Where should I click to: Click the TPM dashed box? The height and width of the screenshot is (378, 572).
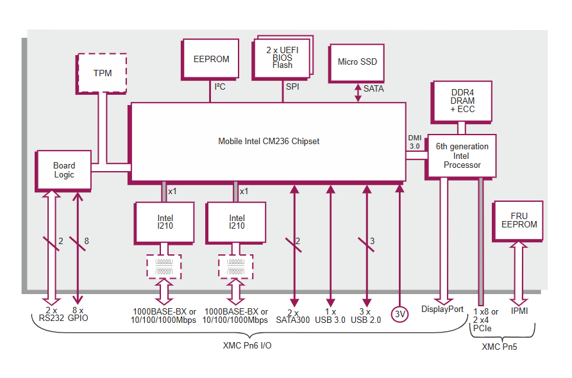click(102, 73)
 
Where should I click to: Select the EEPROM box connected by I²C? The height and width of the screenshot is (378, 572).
click(211, 59)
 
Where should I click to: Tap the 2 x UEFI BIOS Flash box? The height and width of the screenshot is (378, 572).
click(282, 57)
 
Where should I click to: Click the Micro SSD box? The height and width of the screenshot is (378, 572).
click(357, 62)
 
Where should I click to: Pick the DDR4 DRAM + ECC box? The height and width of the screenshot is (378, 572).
click(462, 101)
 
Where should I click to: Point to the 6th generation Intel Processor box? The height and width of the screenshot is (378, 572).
click(462, 156)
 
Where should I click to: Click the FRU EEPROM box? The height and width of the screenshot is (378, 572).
click(519, 220)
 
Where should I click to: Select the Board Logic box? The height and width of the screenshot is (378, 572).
click(63, 170)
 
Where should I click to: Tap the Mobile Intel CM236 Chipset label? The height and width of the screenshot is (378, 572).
click(268, 141)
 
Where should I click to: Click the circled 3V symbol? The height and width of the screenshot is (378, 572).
click(400, 314)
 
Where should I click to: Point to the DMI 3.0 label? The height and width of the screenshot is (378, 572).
click(414, 142)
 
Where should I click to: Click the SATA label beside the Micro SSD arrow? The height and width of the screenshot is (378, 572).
click(373, 88)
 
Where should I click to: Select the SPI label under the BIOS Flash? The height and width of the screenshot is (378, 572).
click(292, 87)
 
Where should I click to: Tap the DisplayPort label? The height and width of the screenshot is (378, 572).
click(442, 309)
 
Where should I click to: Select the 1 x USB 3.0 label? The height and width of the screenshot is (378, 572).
click(330, 315)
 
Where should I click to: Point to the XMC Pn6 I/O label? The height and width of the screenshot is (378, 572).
click(247, 345)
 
